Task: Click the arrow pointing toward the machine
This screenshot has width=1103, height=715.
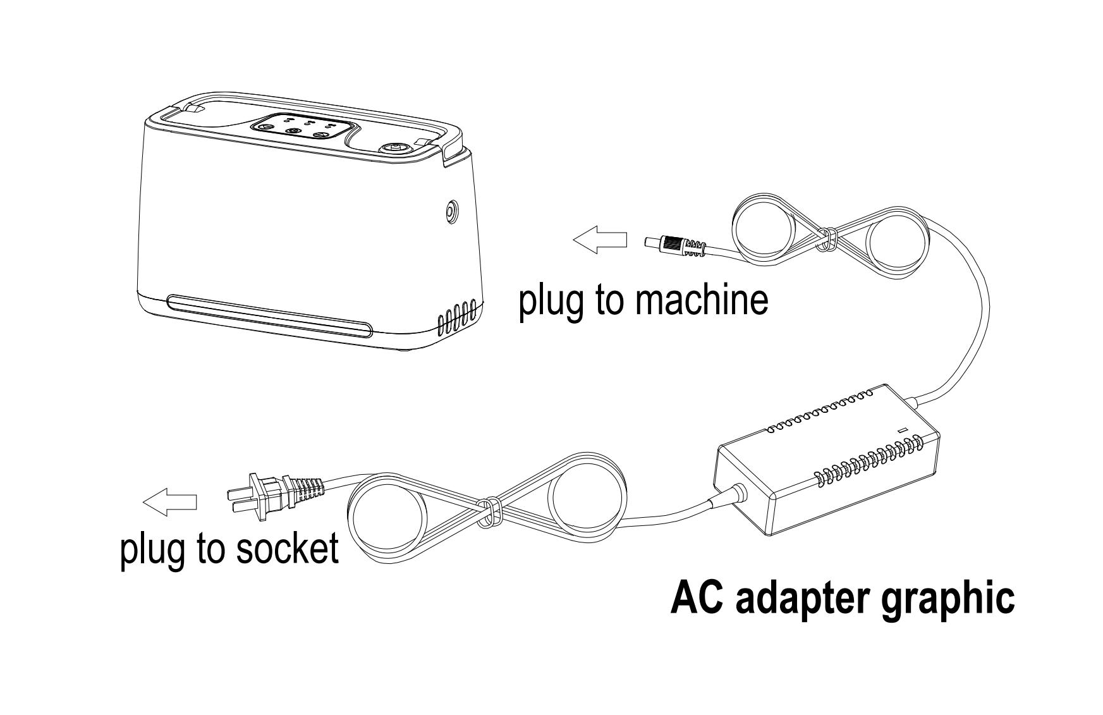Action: pyautogui.click(x=600, y=241)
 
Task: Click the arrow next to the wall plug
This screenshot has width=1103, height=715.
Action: pyautogui.click(x=169, y=503)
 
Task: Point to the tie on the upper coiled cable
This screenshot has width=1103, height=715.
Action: pyautogui.click(x=827, y=239)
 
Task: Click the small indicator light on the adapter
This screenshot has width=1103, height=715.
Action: pyautogui.click(x=903, y=431)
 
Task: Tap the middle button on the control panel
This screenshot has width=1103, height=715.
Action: pyautogui.click(x=293, y=131)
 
